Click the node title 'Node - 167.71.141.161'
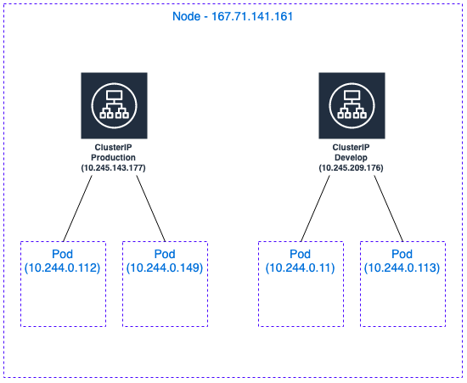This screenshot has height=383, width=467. coord(233,16)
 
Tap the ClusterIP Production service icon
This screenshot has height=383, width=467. coord(114,105)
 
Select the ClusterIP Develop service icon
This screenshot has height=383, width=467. coord(352,105)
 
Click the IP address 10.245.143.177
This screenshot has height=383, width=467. coord(114,168)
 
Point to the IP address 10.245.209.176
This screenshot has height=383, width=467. coord(352,168)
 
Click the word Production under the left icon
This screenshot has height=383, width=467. coord(113,158)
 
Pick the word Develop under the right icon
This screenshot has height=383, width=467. coord(352,158)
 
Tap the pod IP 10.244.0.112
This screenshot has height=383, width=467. coord(62,268)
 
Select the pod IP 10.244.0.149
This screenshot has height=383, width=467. coord(165,268)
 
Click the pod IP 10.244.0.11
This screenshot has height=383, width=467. coord(301,268)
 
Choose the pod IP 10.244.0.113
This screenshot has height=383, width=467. coord(402,268)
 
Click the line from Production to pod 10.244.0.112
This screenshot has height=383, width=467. coord(78,208)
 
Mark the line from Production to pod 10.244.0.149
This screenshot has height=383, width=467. coord(150,208)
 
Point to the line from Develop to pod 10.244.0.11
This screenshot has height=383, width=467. coord(315,208)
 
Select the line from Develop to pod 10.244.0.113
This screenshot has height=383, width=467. coord(388,208)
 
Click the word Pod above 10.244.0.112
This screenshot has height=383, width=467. coord(62,254)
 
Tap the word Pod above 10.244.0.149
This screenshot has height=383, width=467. coord(165,254)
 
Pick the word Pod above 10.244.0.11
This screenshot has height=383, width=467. coord(301,254)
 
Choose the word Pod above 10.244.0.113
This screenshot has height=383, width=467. coord(402,254)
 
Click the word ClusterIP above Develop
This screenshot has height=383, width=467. coord(352,148)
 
